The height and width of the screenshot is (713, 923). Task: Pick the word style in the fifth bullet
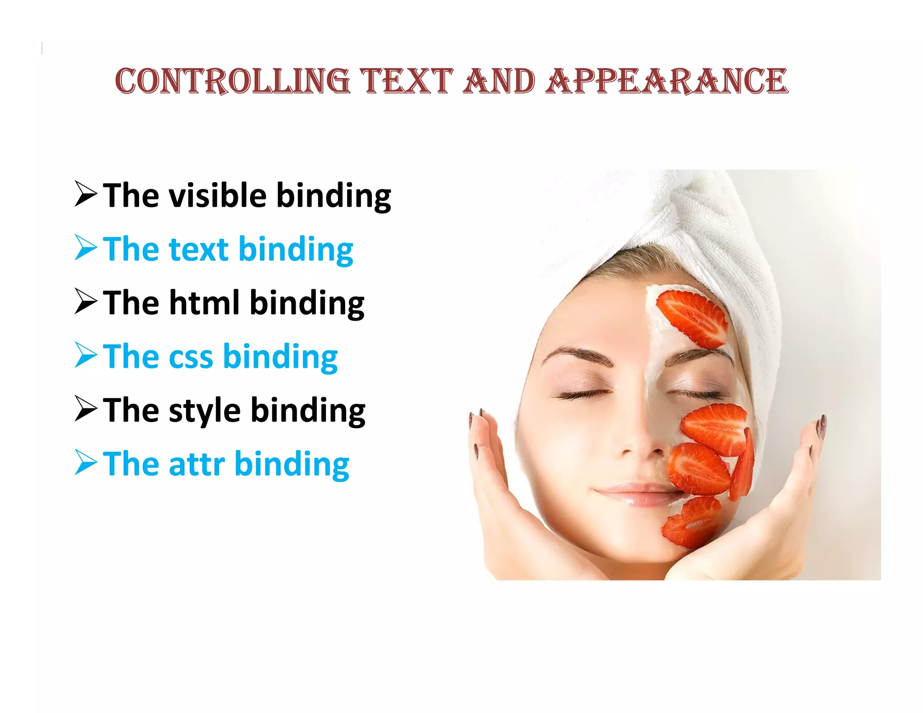click(x=205, y=411)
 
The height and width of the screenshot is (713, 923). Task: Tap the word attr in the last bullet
click(x=196, y=464)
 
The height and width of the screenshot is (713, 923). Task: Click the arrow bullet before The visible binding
click(x=86, y=194)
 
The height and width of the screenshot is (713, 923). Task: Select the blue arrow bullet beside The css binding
click(x=86, y=355)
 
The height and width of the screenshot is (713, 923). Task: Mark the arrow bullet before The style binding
click(x=86, y=409)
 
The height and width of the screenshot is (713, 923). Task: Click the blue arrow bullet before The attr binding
click(x=86, y=462)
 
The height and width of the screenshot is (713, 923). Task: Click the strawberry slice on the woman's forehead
click(x=692, y=318)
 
